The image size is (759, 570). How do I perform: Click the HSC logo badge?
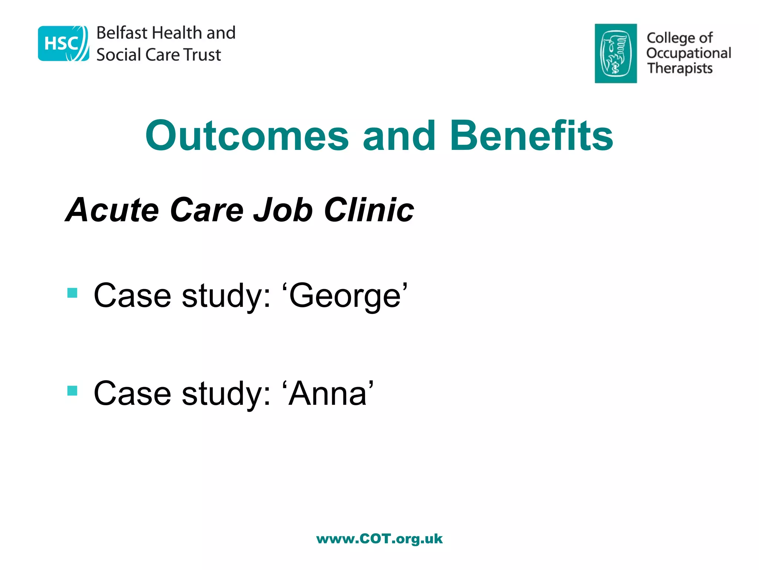(63, 43)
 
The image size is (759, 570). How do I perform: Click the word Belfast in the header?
(122, 33)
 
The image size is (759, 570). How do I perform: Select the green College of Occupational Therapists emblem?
(616, 53)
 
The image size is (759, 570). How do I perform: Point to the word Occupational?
(689, 53)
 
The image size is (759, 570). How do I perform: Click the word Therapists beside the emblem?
(680, 69)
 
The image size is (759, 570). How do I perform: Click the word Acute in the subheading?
(113, 210)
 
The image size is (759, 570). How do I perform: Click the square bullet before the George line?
(72, 293)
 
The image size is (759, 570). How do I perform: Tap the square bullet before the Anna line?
(72, 391)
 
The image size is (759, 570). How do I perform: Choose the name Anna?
(328, 393)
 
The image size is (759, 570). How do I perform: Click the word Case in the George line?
(132, 296)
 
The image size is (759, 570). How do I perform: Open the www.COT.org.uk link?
(379, 539)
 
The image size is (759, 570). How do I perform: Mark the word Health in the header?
(177, 33)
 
